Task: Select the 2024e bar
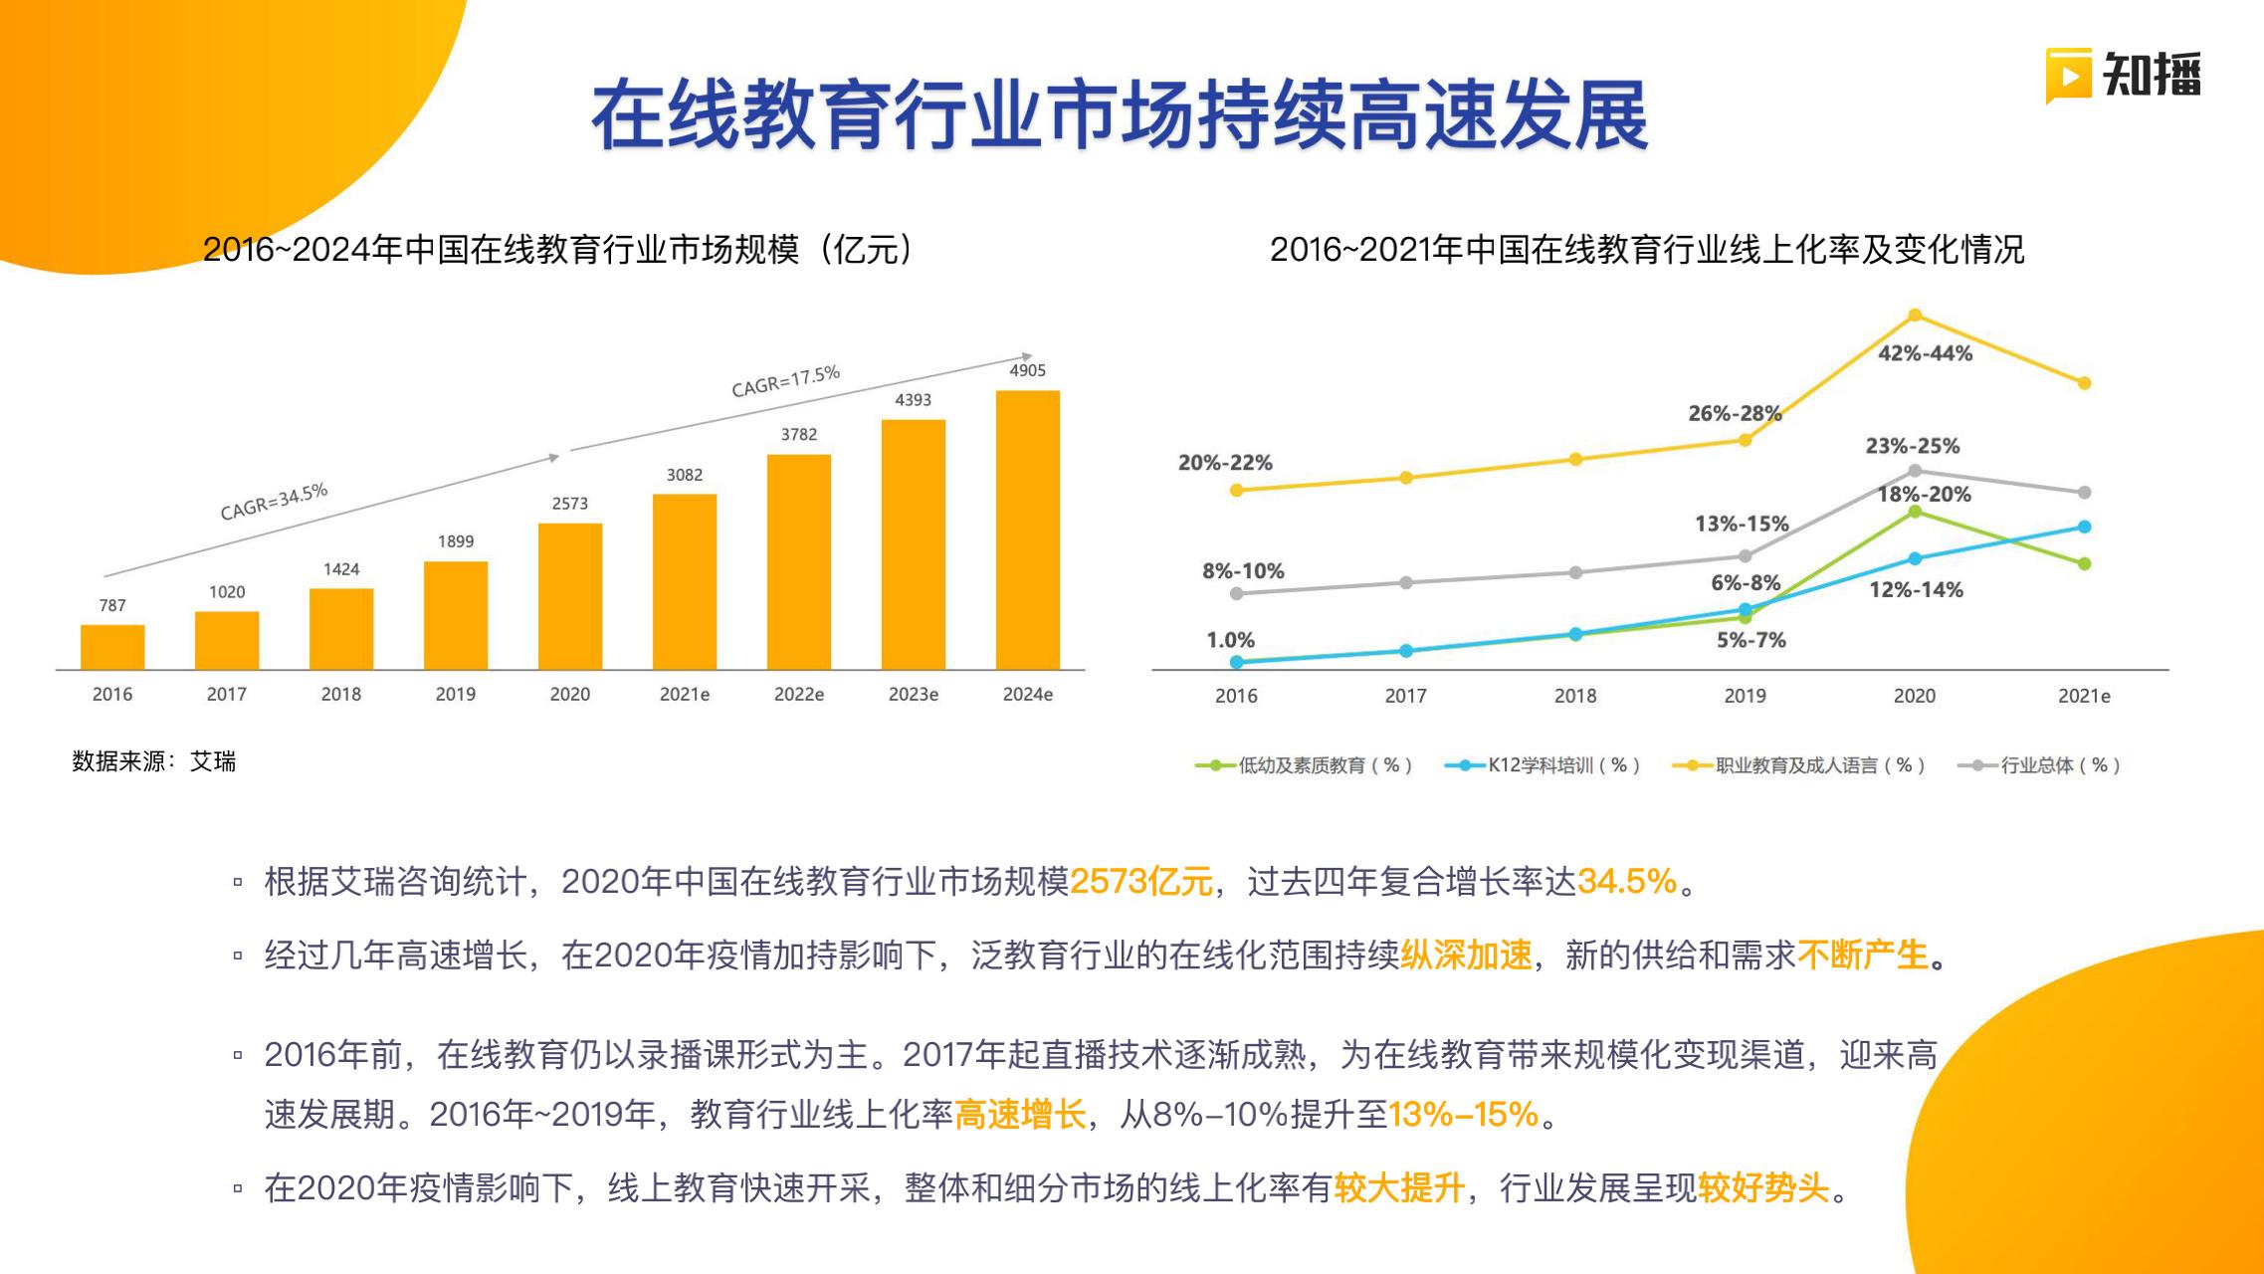(1027, 530)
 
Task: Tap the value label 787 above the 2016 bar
(112, 605)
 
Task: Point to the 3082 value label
(685, 475)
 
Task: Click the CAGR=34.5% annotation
(274, 502)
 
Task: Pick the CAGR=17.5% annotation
(785, 381)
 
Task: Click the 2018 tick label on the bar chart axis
(340, 695)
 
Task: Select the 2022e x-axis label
(798, 695)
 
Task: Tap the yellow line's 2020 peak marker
(1915, 316)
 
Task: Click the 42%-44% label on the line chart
(1925, 353)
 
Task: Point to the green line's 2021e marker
(2085, 563)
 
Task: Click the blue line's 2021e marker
(2085, 527)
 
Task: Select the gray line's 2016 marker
(1237, 593)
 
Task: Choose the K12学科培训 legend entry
(1543, 765)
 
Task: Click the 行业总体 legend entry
(2039, 765)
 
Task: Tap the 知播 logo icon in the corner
(2068, 75)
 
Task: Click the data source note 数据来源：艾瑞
(154, 761)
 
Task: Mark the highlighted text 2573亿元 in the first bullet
(1140, 881)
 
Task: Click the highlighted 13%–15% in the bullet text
(1463, 1114)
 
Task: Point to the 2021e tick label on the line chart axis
(2084, 696)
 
